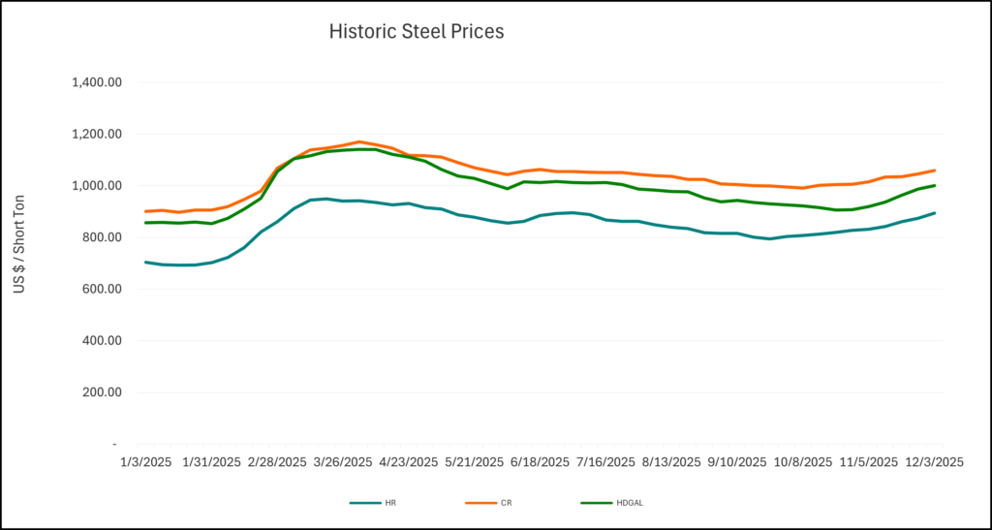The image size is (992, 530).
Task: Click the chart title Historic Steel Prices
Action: click(416, 31)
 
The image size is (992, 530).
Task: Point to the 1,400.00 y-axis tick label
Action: click(96, 82)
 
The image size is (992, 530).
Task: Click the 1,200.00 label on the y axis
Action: click(96, 134)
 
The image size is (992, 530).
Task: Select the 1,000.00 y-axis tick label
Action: click(96, 186)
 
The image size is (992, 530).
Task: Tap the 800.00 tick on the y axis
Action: click(101, 237)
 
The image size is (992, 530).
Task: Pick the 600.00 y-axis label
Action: click(101, 289)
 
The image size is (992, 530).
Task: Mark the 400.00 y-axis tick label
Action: click(101, 341)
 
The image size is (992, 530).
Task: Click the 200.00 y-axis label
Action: click(101, 392)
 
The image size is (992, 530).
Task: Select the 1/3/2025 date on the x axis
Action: click(144, 462)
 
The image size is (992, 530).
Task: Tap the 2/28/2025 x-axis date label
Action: click(278, 462)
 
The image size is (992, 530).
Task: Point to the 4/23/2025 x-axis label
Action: click(409, 462)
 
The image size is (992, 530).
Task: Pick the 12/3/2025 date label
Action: click(934, 462)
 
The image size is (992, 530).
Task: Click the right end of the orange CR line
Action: click(934, 171)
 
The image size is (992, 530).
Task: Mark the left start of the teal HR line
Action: click(145, 262)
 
